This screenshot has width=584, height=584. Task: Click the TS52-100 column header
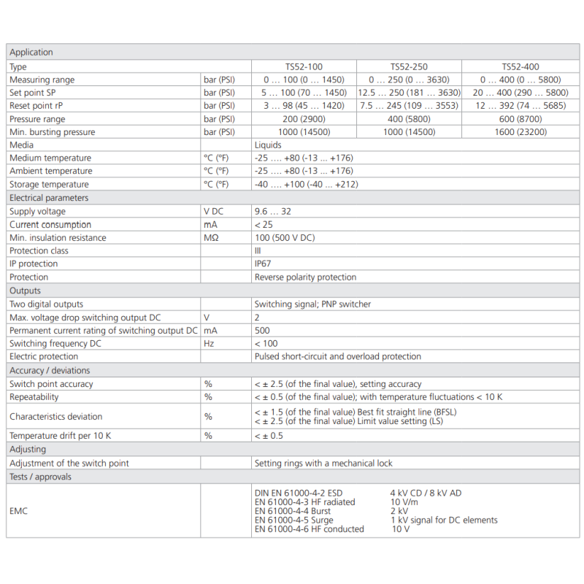point(303,66)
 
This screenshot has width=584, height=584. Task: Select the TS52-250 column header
point(409,66)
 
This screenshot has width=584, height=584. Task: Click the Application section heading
point(31,53)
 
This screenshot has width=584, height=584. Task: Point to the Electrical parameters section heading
point(49,198)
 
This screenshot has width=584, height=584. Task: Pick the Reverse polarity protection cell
point(305,277)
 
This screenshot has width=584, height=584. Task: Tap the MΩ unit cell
point(211,238)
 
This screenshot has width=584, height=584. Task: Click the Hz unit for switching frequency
point(209,344)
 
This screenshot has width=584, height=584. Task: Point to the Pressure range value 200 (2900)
point(303,119)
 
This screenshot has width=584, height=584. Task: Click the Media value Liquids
point(268,145)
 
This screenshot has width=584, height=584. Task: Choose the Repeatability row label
point(34,397)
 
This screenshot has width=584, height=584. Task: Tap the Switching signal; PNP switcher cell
point(313,304)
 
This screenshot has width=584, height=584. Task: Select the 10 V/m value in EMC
point(406,502)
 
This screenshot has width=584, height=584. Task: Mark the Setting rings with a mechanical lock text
point(323,464)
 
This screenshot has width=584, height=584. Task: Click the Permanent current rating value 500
point(261,331)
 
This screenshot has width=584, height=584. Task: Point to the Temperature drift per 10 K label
point(61,436)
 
